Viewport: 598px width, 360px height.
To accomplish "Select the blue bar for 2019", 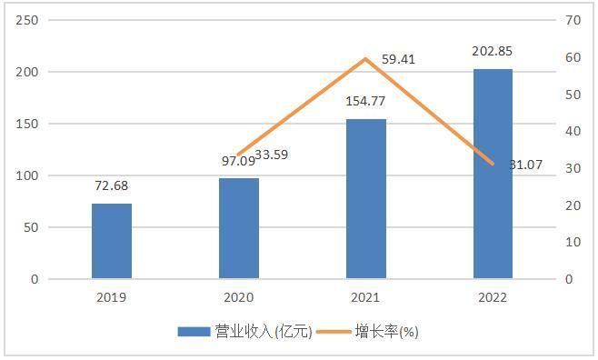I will (x=111, y=241).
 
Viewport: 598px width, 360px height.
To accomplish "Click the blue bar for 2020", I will (x=238, y=228).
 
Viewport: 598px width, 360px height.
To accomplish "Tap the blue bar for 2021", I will (x=365, y=198).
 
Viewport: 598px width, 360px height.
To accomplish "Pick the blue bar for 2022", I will (x=493, y=174).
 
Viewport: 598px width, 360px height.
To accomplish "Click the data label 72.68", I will (x=112, y=186).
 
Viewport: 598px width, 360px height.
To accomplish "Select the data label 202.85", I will (x=493, y=51).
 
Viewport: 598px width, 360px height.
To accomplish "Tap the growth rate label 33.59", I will (x=271, y=155).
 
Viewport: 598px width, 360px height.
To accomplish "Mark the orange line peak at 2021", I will (x=365, y=59).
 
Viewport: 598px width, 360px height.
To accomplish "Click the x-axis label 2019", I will (x=111, y=297).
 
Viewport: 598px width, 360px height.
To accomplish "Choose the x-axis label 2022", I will (x=493, y=297).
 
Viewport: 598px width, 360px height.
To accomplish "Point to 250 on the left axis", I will (x=29, y=20).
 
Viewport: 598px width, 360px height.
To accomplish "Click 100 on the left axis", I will (x=29, y=175).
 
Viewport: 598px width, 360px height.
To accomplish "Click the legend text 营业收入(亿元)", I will (x=263, y=332).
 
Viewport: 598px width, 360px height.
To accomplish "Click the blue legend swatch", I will (x=194, y=332).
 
